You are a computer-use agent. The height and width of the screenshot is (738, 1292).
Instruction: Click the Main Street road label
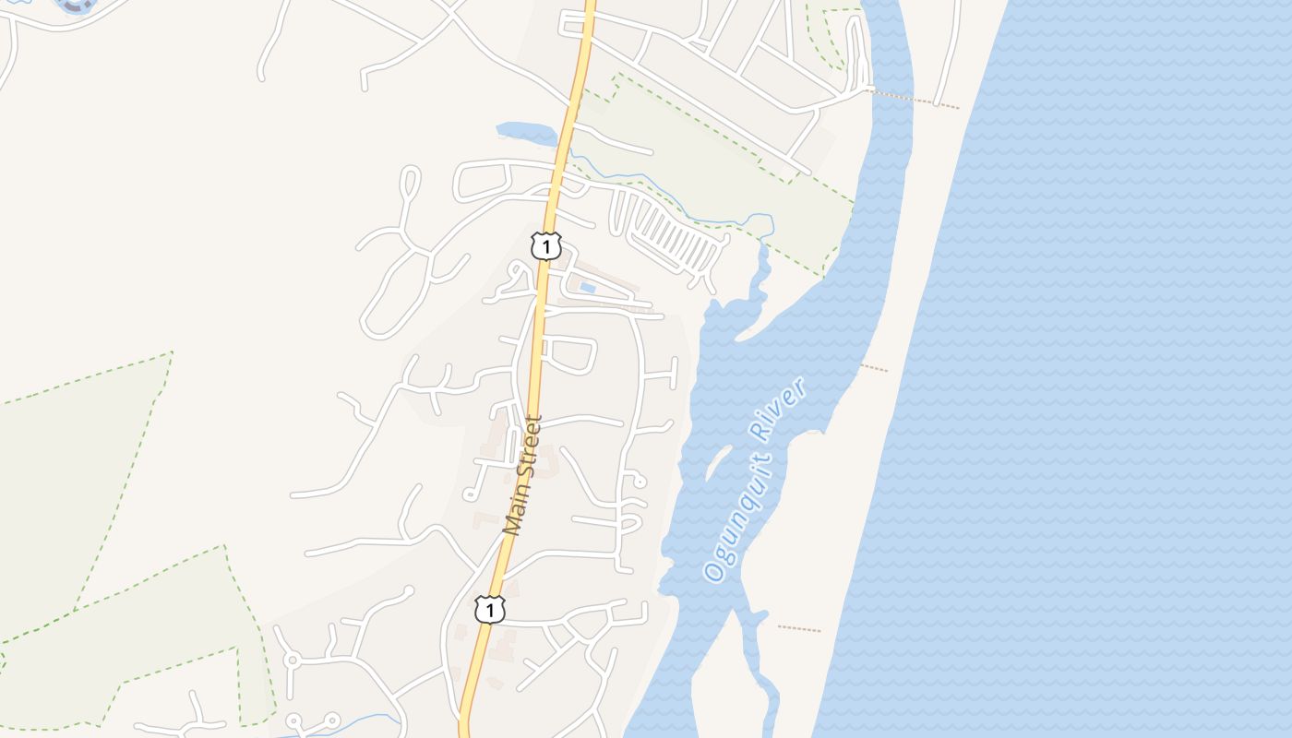pos(523,475)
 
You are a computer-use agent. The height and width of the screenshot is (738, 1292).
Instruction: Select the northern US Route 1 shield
pos(546,246)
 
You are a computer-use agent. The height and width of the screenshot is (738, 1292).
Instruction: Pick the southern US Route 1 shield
pos(490,610)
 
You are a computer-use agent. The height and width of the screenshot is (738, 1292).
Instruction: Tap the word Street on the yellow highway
pos(528,451)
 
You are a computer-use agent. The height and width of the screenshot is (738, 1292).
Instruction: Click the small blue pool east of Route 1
pos(588,288)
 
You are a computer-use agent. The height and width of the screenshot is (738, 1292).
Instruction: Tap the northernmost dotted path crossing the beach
pos(914,100)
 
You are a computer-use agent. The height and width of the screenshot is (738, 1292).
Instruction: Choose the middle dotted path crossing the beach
pos(874,368)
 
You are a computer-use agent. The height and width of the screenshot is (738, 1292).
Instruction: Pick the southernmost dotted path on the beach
pos(799,629)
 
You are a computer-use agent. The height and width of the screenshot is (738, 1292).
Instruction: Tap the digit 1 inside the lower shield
pos(490,610)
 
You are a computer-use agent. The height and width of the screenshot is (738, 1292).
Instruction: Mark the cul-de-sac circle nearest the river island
pos(639,482)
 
